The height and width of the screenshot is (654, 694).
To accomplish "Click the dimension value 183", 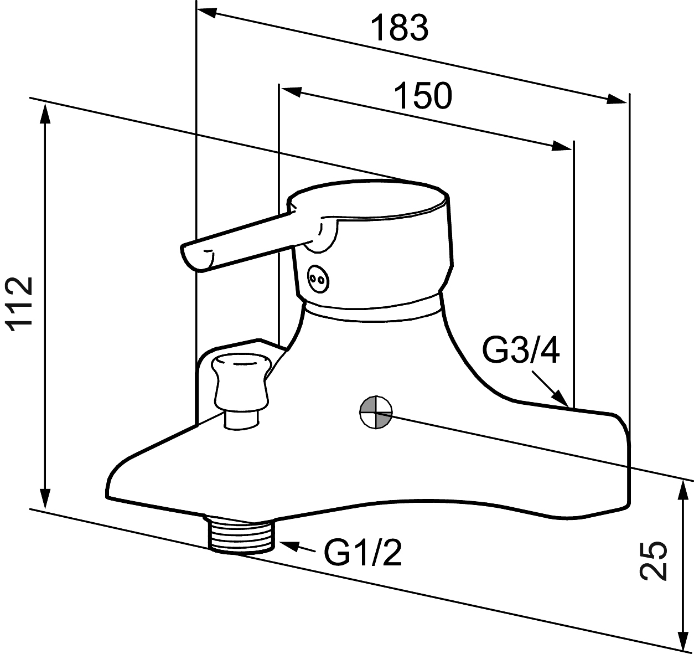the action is pyautogui.click(x=399, y=28).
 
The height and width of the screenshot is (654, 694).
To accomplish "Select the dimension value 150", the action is pyautogui.click(x=423, y=95).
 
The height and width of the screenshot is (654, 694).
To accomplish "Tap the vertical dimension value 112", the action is pyautogui.click(x=20, y=303).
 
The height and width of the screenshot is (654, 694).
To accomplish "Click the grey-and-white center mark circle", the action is pyautogui.click(x=376, y=413).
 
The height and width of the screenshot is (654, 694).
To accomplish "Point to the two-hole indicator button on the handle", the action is pyautogui.click(x=318, y=279).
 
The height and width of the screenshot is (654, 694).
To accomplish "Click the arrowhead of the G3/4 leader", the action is pyautogui.click(x=560, y=399).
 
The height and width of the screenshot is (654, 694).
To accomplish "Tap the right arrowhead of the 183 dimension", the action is pyautogui.click(x=617, y=100).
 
